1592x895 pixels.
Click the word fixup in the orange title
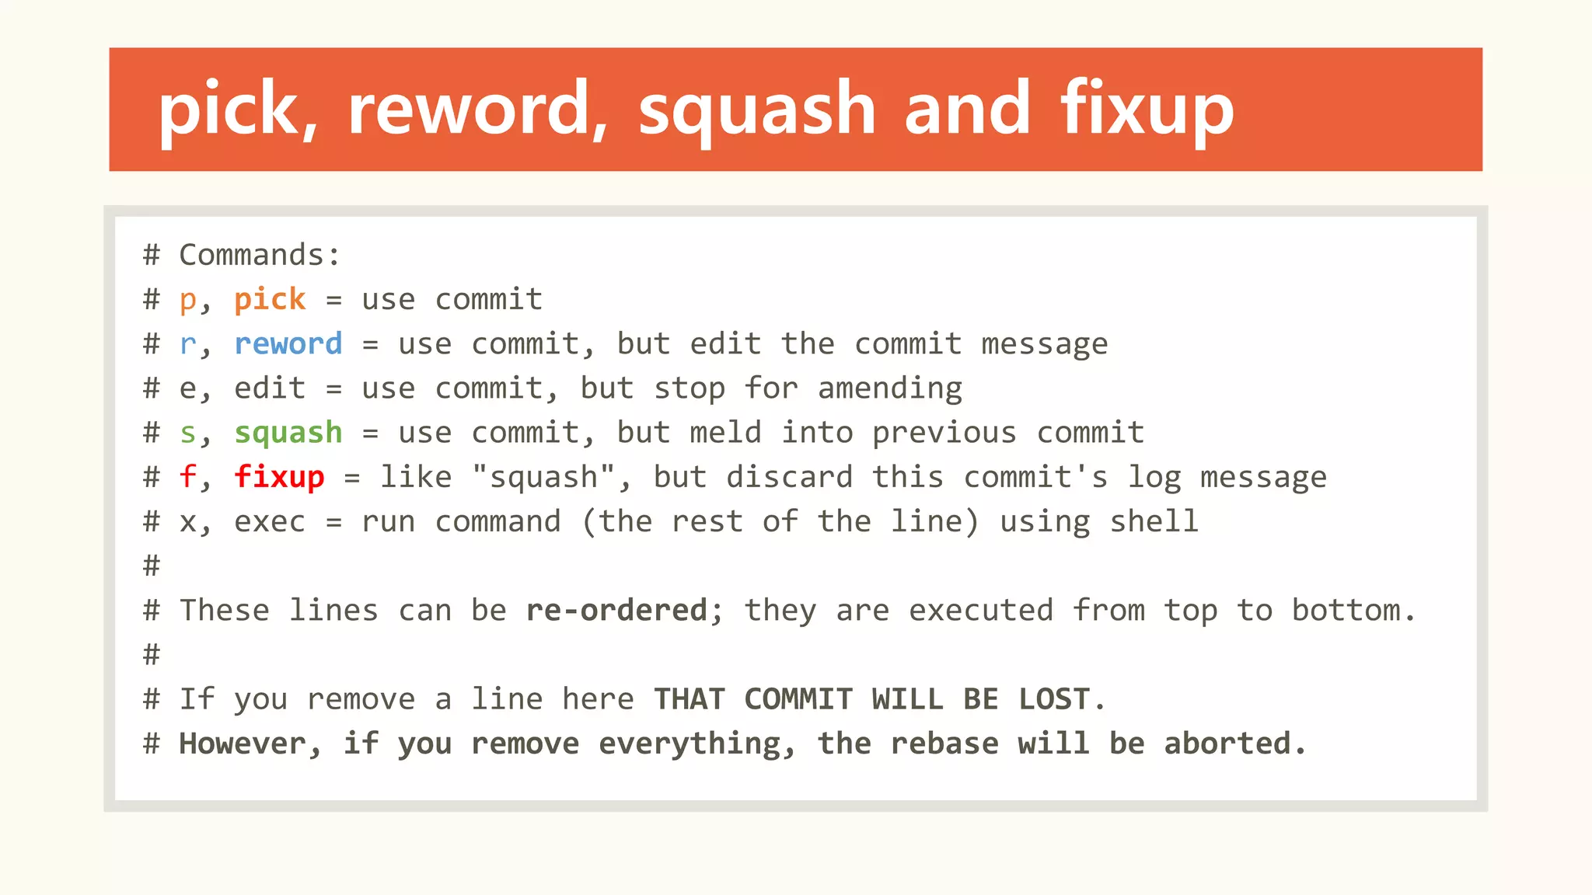[1147, 110]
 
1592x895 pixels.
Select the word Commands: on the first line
[260, 255]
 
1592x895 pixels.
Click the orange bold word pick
[270, 300]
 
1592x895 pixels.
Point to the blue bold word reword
[288, 344]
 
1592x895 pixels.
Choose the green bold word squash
[288, 433]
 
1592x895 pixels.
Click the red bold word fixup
[279, 477]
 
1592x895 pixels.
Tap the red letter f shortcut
[187, 477]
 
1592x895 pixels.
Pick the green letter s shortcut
[187, 433]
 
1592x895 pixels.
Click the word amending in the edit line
[890, 388]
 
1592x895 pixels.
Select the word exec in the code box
[270, 521]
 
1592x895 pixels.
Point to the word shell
[1154, 521]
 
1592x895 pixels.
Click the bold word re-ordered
[616, 611]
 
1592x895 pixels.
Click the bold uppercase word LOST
[1054, 699]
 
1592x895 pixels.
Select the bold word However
[243, 744]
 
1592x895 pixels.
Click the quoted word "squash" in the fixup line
[544, 477]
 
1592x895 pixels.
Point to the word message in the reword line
[1045, 344]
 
